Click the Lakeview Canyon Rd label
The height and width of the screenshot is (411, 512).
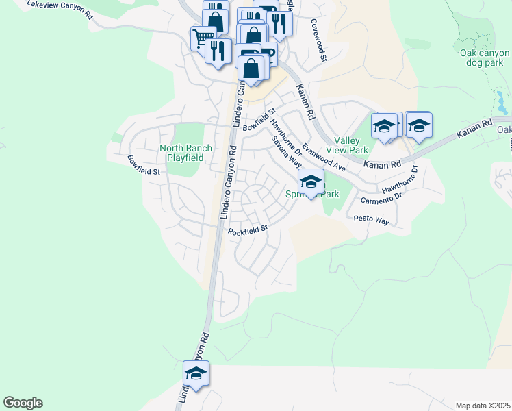point(60,9)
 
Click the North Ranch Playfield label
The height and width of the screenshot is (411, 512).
point(182,153)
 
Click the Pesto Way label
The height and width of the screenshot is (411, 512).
point(371,221)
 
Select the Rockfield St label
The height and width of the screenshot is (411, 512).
point(247,231)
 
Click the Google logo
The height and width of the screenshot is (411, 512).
point(23,403)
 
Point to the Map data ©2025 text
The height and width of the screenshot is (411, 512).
point(483,406)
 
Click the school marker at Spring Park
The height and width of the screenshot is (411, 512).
point(311,182)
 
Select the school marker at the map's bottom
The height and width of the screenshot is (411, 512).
point(196,373)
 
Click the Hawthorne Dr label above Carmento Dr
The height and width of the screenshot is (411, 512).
point(400,181)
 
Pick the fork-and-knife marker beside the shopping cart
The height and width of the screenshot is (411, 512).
point(218,51)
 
